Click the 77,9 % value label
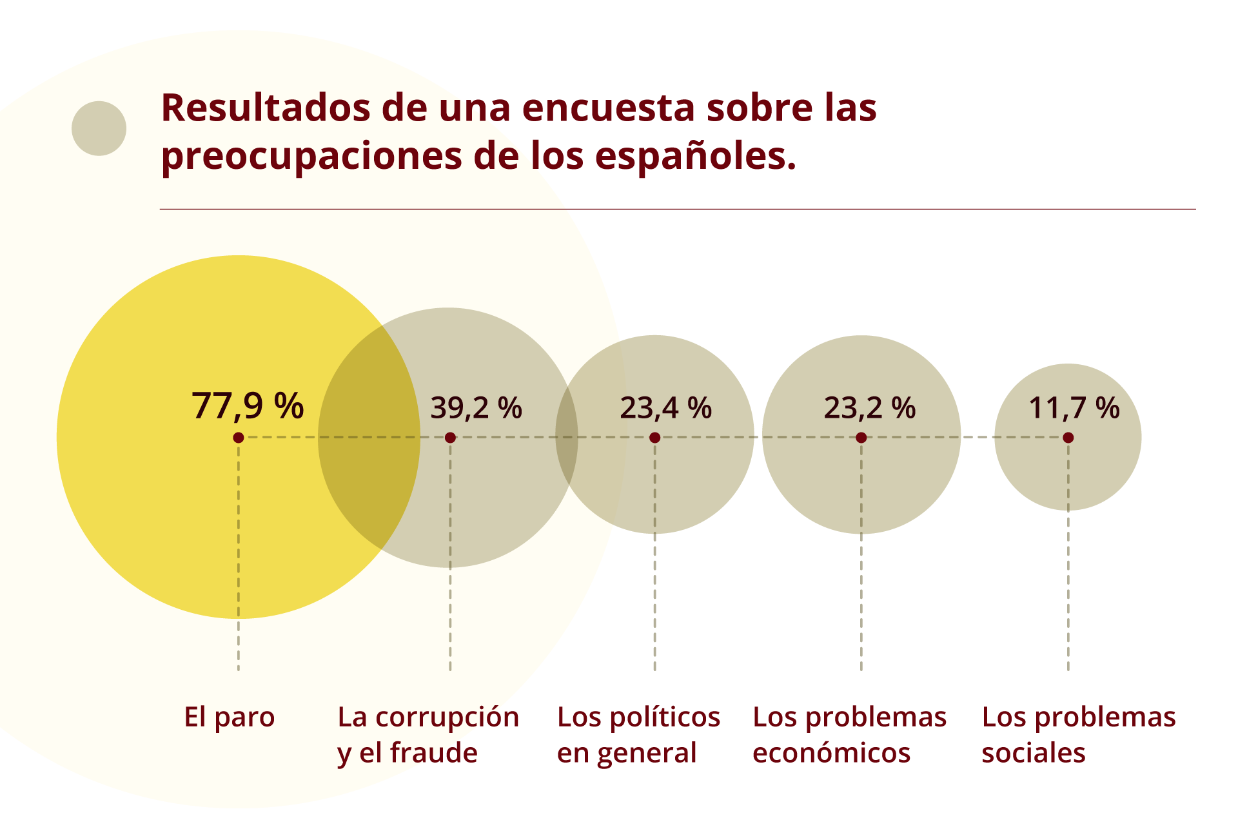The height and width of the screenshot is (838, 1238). (248, 406)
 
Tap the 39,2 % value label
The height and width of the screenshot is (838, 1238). (476, 408)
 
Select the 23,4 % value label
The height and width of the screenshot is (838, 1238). (665, 408)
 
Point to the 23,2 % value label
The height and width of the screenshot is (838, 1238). (869, 408)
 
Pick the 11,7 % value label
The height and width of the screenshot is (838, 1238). (1074, 408)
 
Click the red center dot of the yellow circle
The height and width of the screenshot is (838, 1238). (238, 438)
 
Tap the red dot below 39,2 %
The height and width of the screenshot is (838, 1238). (450, 438)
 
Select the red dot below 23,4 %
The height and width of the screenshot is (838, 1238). (654, 438)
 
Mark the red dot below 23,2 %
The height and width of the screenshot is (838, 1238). (861, 438)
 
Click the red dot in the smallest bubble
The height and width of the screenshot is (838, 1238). (1068, 438)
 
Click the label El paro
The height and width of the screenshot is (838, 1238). (229, 717)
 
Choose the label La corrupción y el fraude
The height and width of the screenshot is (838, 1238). (428, 735)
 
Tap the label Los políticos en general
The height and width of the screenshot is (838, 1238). (638, 735)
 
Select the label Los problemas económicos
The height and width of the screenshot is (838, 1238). (849, 735)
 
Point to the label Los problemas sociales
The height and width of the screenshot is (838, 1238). (1078, 735)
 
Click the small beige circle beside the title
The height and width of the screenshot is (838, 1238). (99, 128)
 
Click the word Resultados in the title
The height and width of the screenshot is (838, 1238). (265, 108)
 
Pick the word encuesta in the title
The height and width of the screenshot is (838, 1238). (609, 108)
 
